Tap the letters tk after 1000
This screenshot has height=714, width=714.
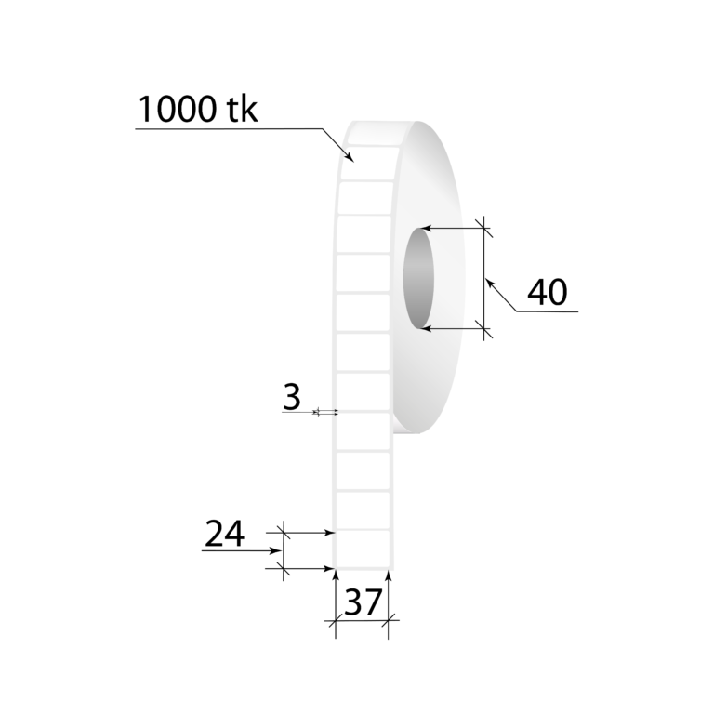pos(241,111)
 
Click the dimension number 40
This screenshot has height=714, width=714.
pos(547,293)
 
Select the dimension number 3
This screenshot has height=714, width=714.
pos(292,397)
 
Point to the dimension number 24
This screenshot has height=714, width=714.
pos(224,534)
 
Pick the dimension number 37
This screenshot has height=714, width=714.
pos(363,602)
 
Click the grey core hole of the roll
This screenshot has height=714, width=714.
pos(420,279)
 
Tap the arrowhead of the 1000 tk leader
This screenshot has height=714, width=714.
pos(350,158)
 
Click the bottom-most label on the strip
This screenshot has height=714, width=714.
pos(363,549)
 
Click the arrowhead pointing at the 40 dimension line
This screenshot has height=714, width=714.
pos(489,282)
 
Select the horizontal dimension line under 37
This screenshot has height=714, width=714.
pos(363,619)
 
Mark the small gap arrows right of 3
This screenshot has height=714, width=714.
pos(327,411)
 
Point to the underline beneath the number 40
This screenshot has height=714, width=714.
pos(549,311)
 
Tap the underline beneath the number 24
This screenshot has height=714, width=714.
pos(237,550)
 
